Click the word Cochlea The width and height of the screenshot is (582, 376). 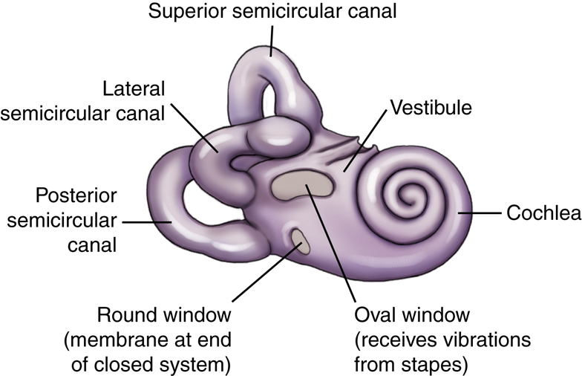pyautogui.click(x=543, y=213)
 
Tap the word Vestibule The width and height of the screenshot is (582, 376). pyautogui.click(x=431, y=108)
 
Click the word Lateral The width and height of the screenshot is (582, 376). pyautogui.click(x=134, y=89)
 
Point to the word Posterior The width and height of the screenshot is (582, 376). pyautogui.click(x=76, y=195)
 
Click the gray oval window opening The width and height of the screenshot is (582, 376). pyautogui.click(x=302, y=184)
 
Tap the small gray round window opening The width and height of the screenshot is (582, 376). pyautogui.click(x=300, y=242)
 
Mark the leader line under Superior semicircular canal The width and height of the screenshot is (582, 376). pyautogui.click(x=272, y=41)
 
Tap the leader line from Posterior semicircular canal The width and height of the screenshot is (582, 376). pyautogui.click(x=147, y=222)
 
